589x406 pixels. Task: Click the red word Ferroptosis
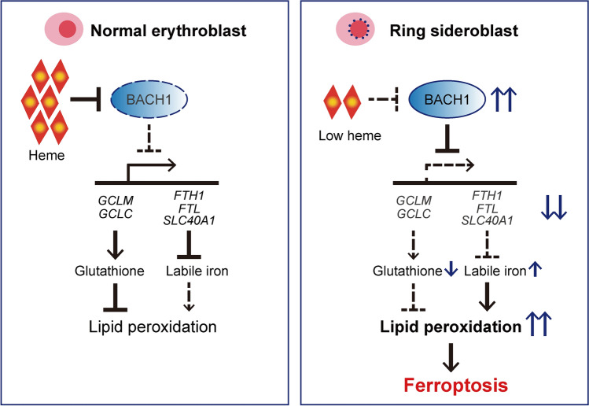click(455, 386)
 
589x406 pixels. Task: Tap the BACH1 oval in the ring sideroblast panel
click(447, 99)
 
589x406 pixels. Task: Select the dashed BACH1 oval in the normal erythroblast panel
click(149, 99)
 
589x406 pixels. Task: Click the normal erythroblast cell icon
click(64, 29)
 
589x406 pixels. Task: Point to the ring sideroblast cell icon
click(355, 29)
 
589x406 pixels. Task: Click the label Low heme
click(350, 135)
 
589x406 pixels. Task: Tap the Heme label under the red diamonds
click(46, 155)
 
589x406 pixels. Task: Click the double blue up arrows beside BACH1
click(504, 99)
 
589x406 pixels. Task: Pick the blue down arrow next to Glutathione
click(451, 270)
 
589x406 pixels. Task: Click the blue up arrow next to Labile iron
click(535, 270)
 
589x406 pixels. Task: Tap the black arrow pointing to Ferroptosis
click(451, 357)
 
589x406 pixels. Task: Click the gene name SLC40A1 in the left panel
click(189, 220)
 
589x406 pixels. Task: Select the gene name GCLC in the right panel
click(414, 213)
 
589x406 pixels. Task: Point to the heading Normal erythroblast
click(168, 31)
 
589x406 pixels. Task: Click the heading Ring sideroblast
click(454, 31)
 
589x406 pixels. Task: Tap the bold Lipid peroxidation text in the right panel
click(451, 327)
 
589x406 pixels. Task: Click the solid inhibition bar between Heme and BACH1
click(86, 99)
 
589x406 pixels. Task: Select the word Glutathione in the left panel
click(109, 271)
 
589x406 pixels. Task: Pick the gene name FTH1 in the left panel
click(189, 195)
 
